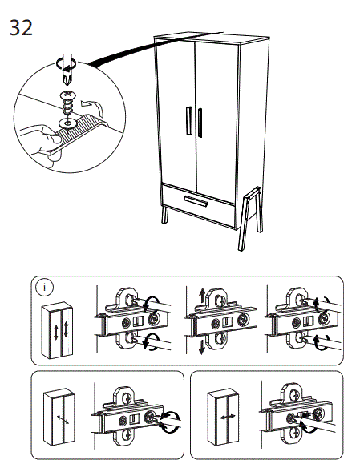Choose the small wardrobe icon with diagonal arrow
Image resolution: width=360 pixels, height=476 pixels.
(x=59, y=417)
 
